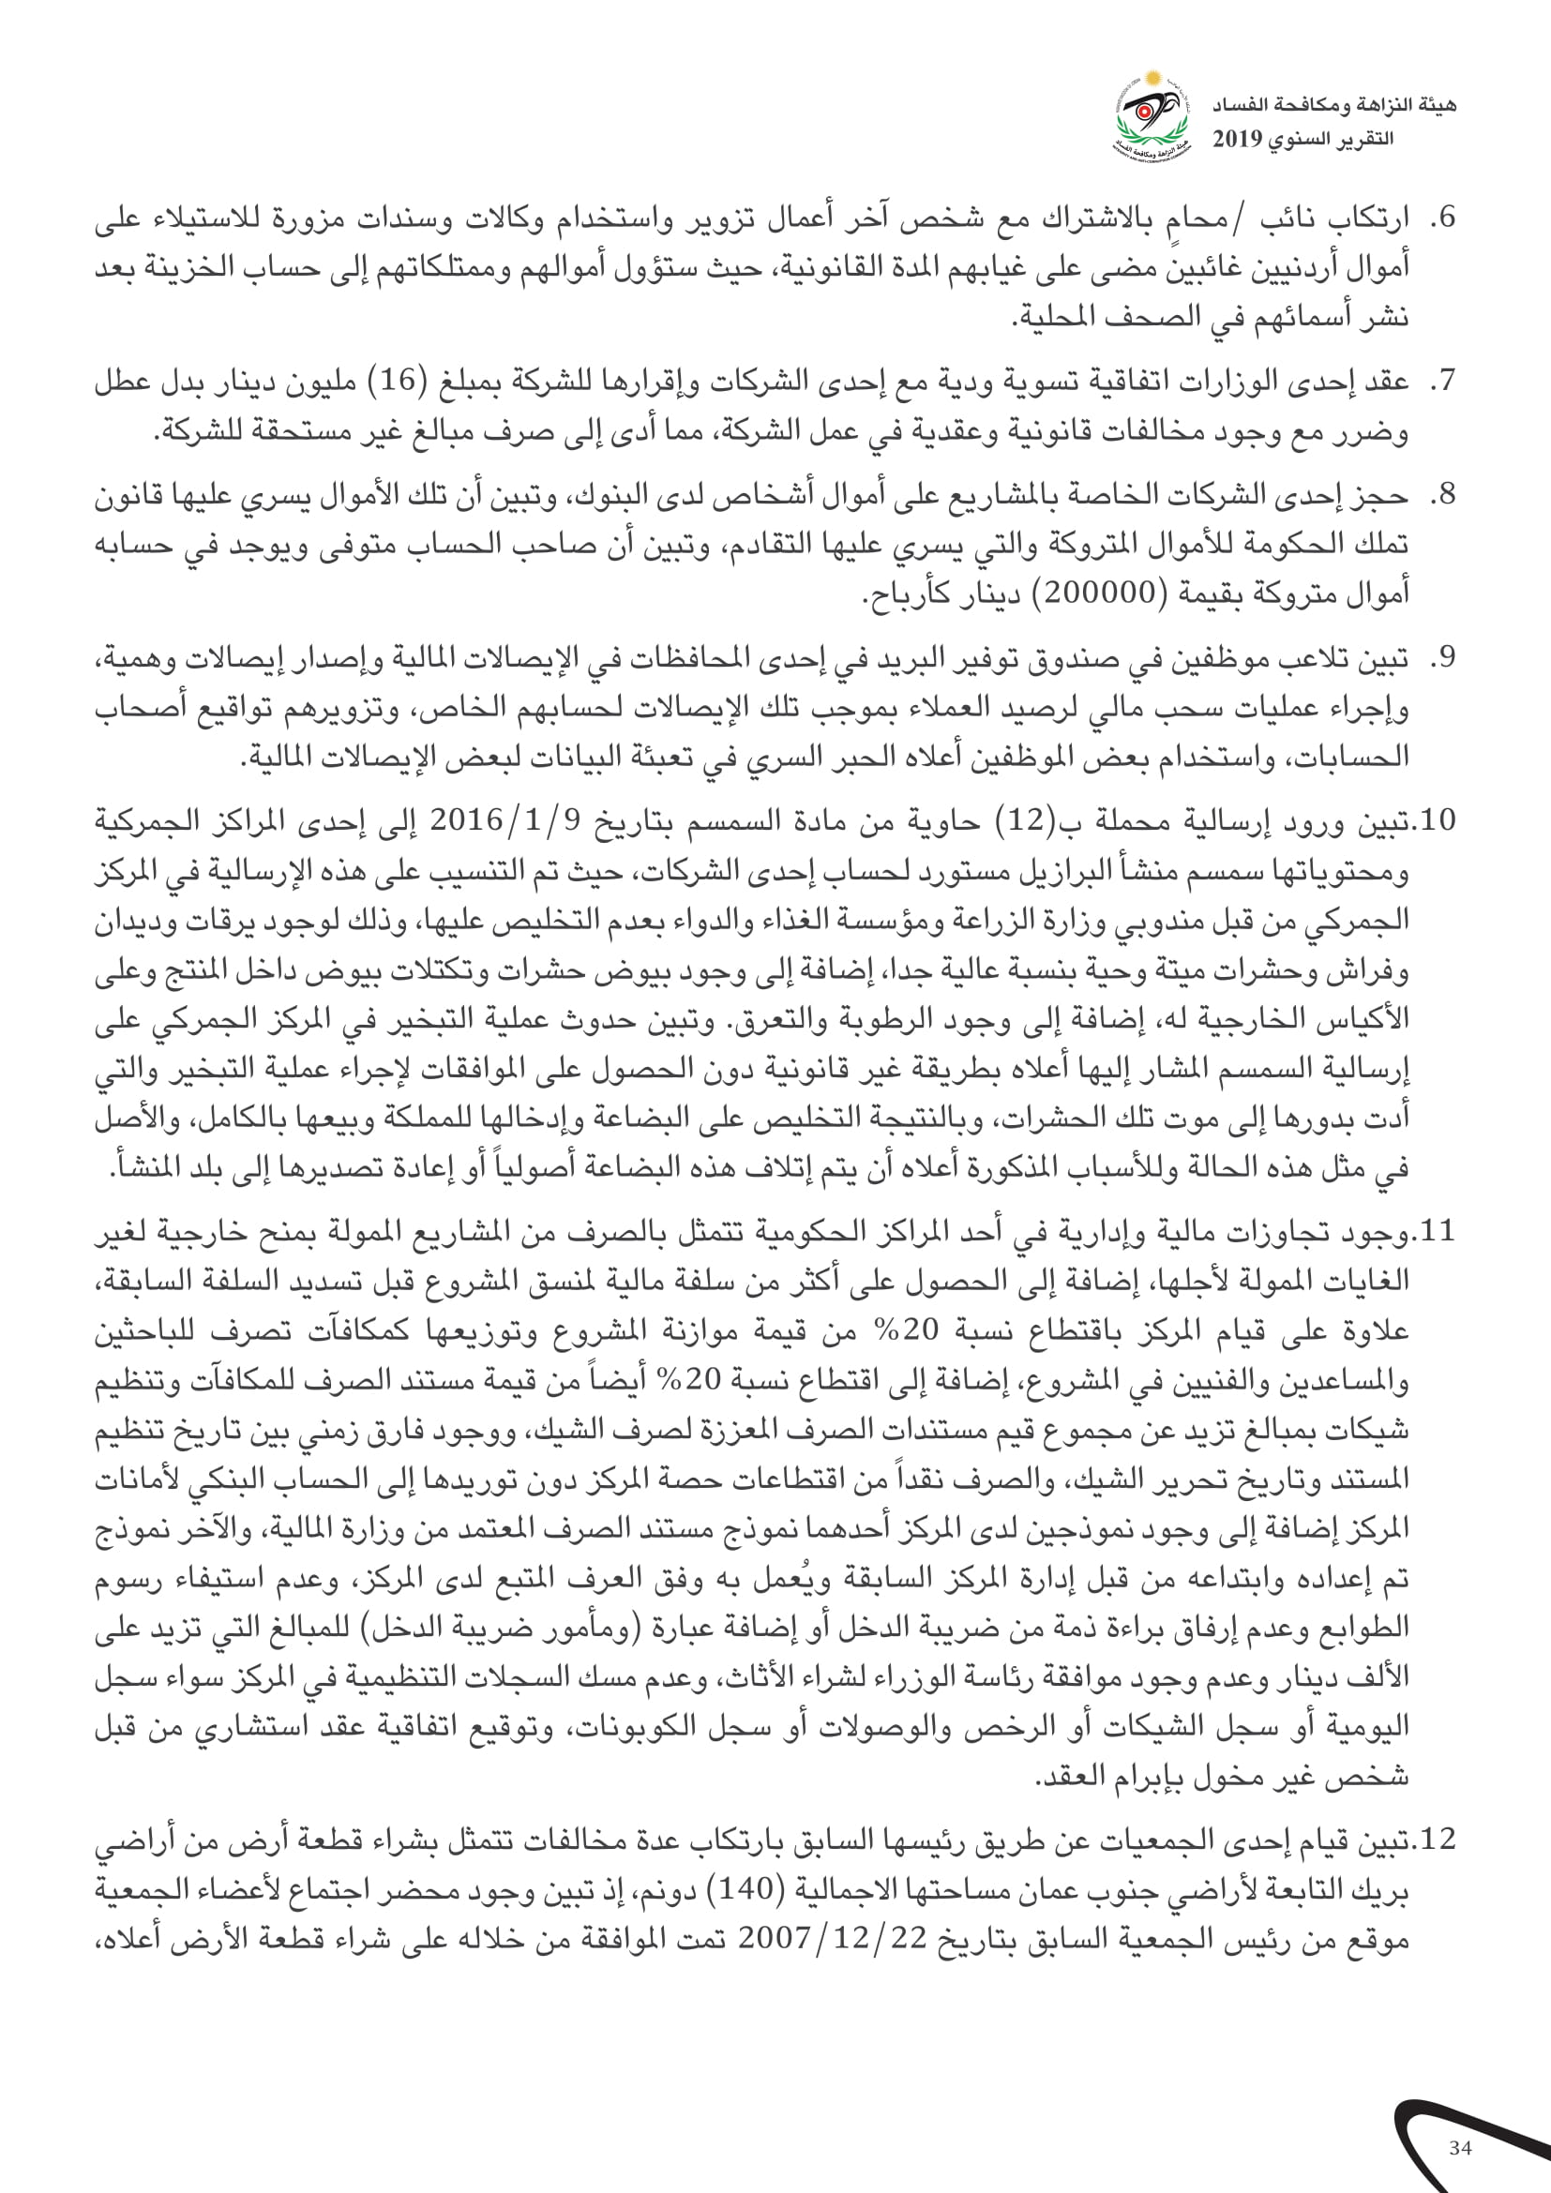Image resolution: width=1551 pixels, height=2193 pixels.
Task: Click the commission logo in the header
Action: click(x=1152, y=115)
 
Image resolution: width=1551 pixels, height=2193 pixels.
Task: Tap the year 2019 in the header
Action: click(x=1238, y=140)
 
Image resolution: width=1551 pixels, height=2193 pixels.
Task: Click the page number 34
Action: click(x=1459, y=2148)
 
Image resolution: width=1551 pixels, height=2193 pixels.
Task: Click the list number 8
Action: click(x=1442, y=495)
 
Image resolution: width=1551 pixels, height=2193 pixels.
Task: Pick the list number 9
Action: click(x=1442, y=658)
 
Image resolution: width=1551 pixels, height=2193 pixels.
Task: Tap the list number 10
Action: click(x=1437, y=820)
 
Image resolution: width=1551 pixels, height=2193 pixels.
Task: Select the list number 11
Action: click(x=1437, y=1232)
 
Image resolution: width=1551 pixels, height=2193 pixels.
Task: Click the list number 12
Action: click(x=1437, y=1840)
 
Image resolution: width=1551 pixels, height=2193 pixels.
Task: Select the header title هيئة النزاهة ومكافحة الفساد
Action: click(x=1334, y=105)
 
